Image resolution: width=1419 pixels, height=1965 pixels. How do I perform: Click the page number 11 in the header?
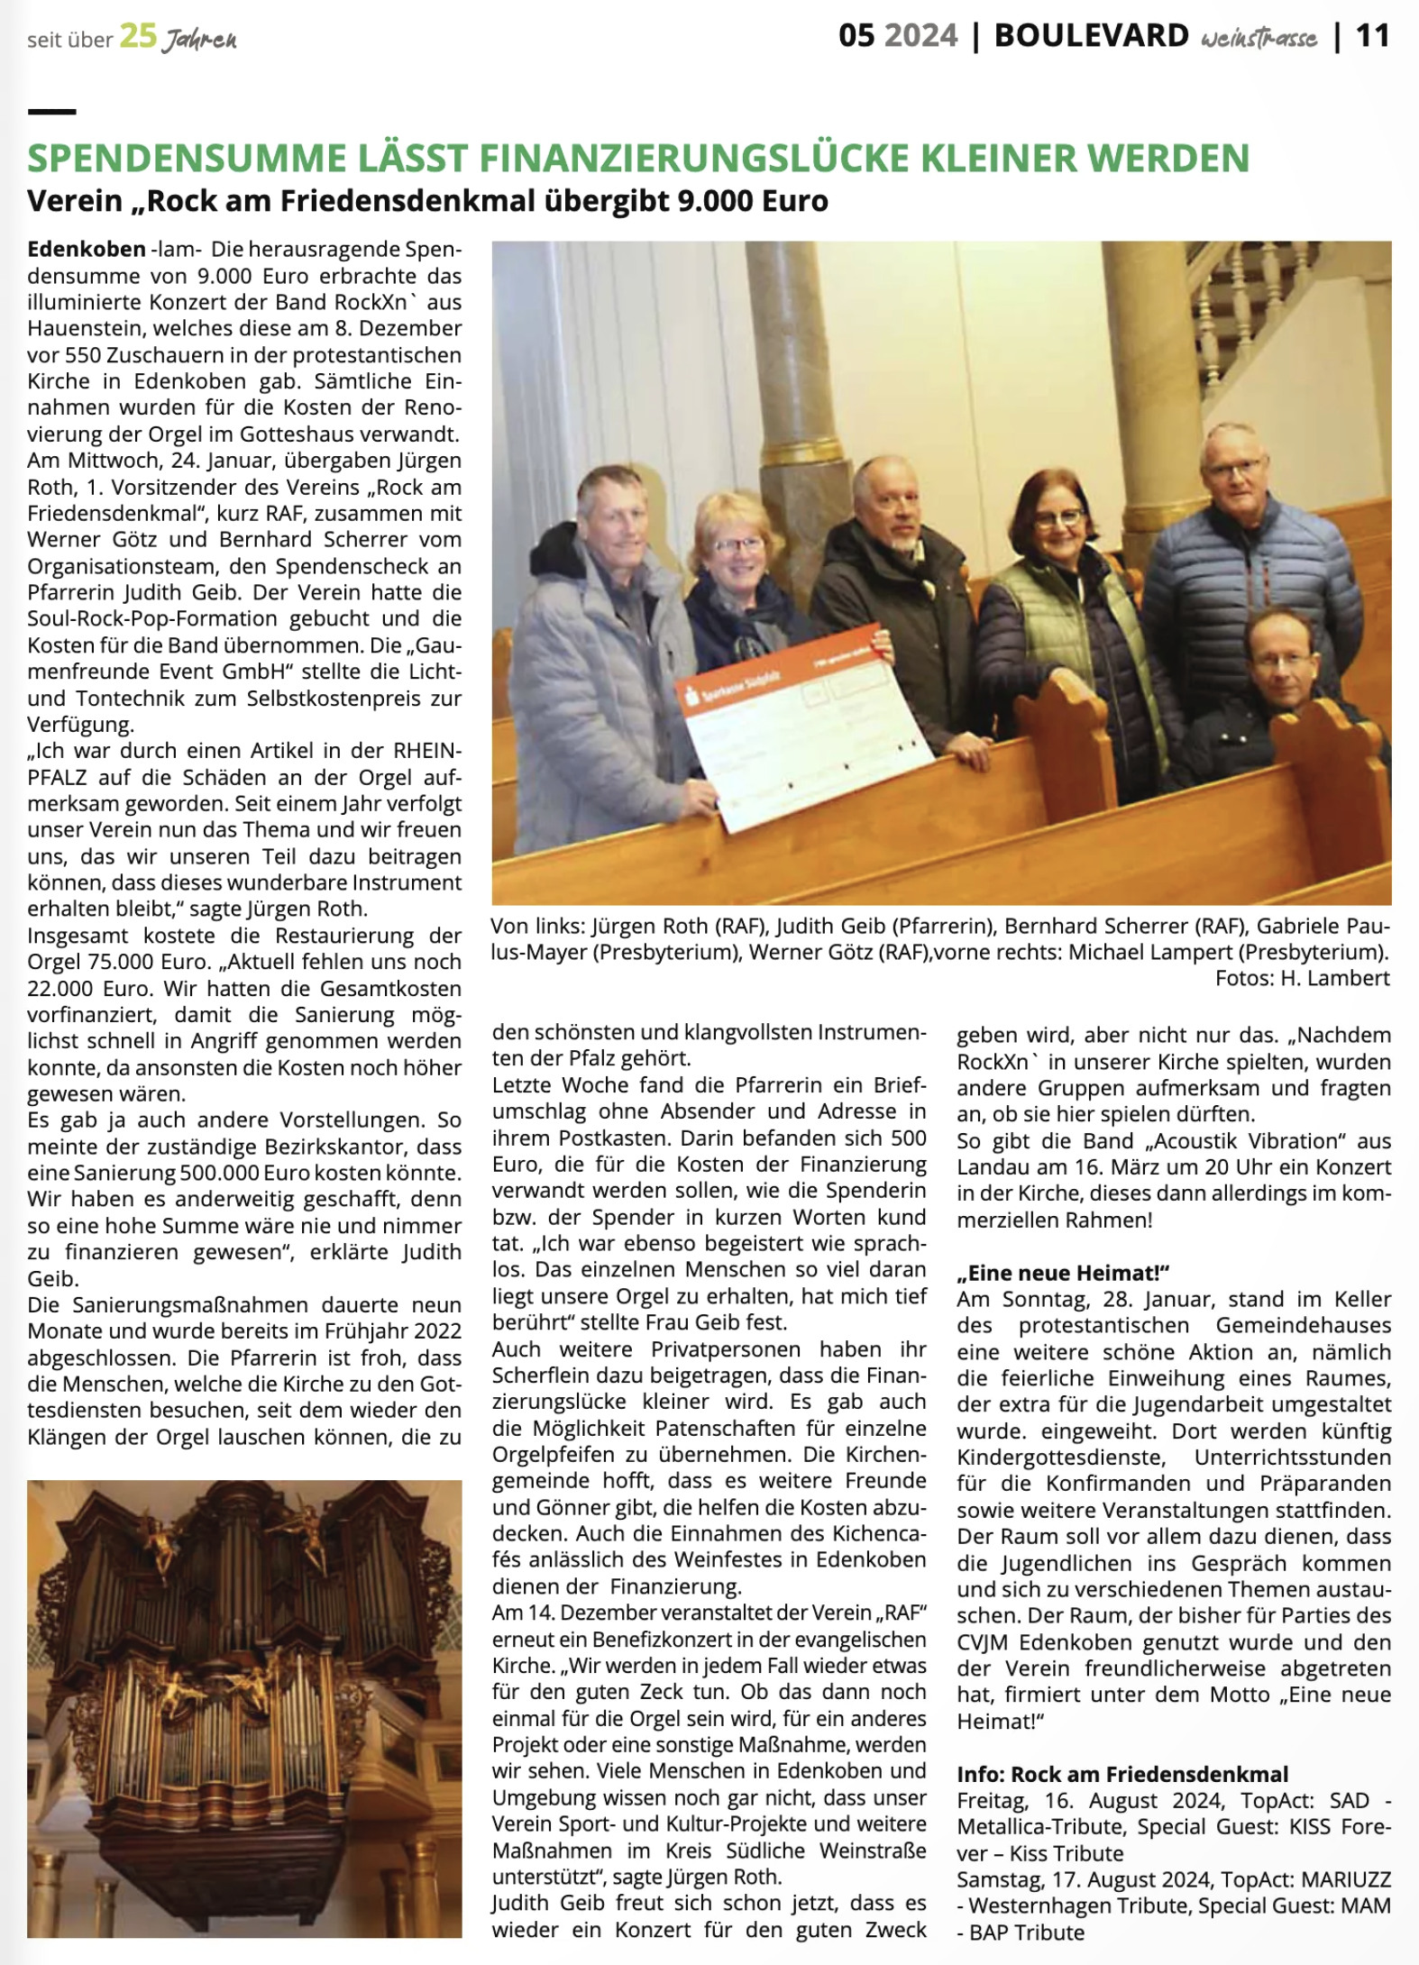1373,36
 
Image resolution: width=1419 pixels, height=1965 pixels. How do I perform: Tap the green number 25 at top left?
138,38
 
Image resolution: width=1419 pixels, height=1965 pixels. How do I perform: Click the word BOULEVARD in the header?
1091,36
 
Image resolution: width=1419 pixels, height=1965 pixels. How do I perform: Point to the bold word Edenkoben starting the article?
87,249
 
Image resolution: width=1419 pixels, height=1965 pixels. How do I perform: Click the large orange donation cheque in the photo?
802,721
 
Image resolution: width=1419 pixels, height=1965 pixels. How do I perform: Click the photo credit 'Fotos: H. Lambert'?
1302,978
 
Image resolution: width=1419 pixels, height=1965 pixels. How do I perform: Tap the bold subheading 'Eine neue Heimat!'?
1063,1273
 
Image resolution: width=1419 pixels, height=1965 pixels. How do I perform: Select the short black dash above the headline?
51,112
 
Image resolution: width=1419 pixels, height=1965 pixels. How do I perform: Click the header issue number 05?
856,36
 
